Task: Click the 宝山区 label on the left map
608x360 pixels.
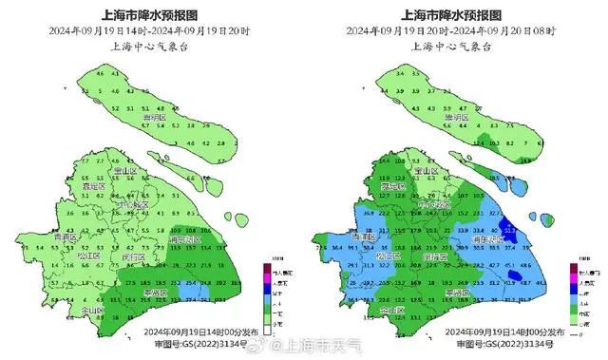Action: [x=126, y=171]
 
